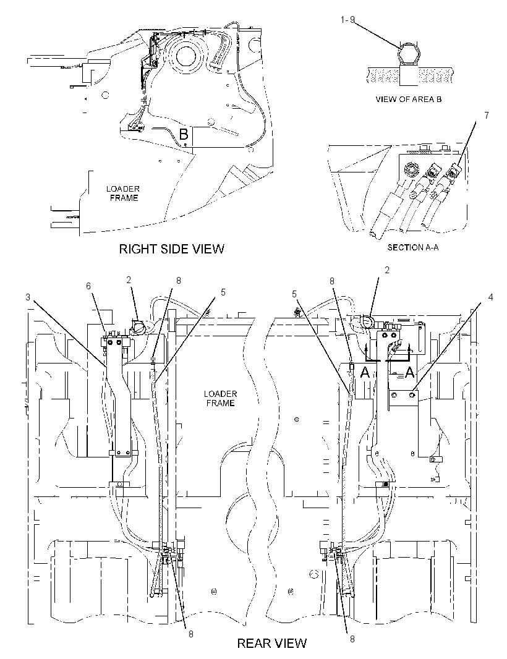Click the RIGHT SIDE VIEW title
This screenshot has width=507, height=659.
click(171, 249)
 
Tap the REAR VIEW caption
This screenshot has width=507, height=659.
click(272, 643)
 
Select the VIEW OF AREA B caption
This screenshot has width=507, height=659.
click(409, 100)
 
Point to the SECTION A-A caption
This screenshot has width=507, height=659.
click(413, 247)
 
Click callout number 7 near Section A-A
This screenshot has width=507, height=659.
click(487, 115)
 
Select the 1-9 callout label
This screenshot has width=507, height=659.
click(347, 19)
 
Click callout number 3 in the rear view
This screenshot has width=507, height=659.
click(28, 297)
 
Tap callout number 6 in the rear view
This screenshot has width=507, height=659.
click(88, 286)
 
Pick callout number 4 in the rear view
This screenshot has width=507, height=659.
click(490, 297)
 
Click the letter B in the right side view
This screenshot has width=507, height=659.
click(184, 135)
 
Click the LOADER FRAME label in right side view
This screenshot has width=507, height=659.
click(123, 193)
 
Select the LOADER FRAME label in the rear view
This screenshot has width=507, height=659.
click(220, 398)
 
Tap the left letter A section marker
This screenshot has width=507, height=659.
click(365, 372)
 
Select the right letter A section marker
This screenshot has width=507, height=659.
click(409, 372)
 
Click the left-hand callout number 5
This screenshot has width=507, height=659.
click(223, 292)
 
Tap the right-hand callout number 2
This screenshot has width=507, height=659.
click(387, 270)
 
